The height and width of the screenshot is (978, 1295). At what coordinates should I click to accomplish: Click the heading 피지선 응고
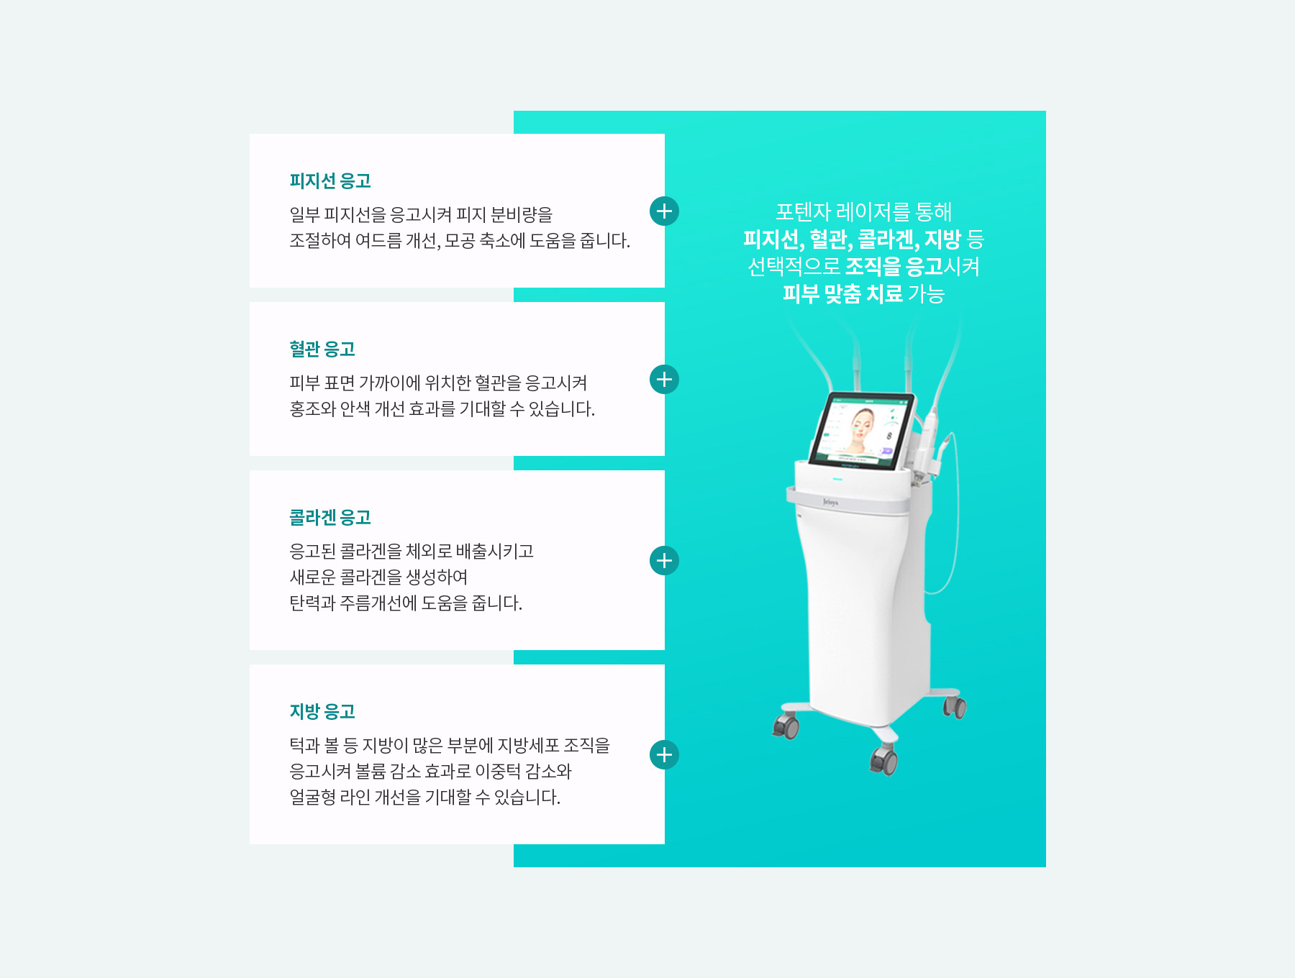(330, 180)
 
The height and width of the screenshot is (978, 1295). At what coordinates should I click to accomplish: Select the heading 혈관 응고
(322, 349)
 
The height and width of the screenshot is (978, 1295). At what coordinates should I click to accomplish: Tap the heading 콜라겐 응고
(330, 517)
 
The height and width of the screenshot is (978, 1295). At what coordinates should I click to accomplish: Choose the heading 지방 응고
(322, 711)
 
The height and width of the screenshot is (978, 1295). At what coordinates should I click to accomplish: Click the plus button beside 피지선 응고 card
(664, 211)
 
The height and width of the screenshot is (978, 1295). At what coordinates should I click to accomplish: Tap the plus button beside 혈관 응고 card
(664, 380)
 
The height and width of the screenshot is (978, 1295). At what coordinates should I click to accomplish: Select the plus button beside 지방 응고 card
(664, 755)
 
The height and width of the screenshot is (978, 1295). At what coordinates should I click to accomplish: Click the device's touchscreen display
(861, 430)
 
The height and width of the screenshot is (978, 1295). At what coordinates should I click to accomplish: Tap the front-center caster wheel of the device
(884, 759)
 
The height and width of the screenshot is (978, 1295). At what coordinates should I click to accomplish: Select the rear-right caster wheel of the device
(955, 707)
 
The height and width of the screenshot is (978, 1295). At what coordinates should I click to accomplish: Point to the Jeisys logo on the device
(830, 502)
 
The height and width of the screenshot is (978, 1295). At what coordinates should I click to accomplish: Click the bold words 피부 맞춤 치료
(842, 293)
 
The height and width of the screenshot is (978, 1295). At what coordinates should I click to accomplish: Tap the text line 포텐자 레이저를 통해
(863, 212)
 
